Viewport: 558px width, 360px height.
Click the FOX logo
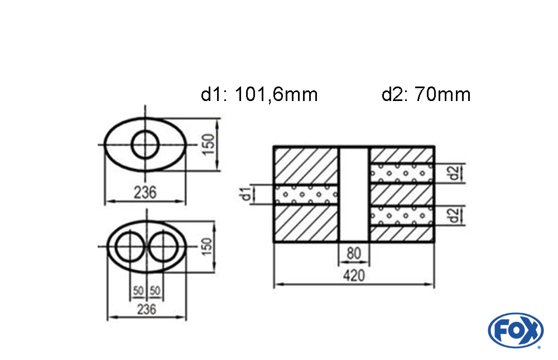click(516, 330)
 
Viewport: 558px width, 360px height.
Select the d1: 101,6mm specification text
click(259, 95)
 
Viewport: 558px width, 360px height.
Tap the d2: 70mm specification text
click(426, 95)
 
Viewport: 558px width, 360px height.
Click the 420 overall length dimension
click(354, 276)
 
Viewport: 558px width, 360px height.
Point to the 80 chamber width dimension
click(354, 253)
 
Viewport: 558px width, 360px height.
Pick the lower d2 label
click(454, 215)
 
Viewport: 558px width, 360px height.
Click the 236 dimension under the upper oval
click(145, 193)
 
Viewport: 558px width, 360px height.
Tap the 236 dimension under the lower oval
click(147, 309)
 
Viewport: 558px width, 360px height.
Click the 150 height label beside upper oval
click(209, 144)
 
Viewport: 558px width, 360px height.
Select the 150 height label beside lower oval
click(206, 247)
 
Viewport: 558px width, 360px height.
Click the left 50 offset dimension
click(138, 291)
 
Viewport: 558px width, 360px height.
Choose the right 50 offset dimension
click(155, 291)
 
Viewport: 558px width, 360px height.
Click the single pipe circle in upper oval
click(145, 145)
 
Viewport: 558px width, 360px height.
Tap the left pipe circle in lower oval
click(130, 246)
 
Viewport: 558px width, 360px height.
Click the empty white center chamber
click(354, 194)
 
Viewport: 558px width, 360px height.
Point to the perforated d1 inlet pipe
click(306, 194)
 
